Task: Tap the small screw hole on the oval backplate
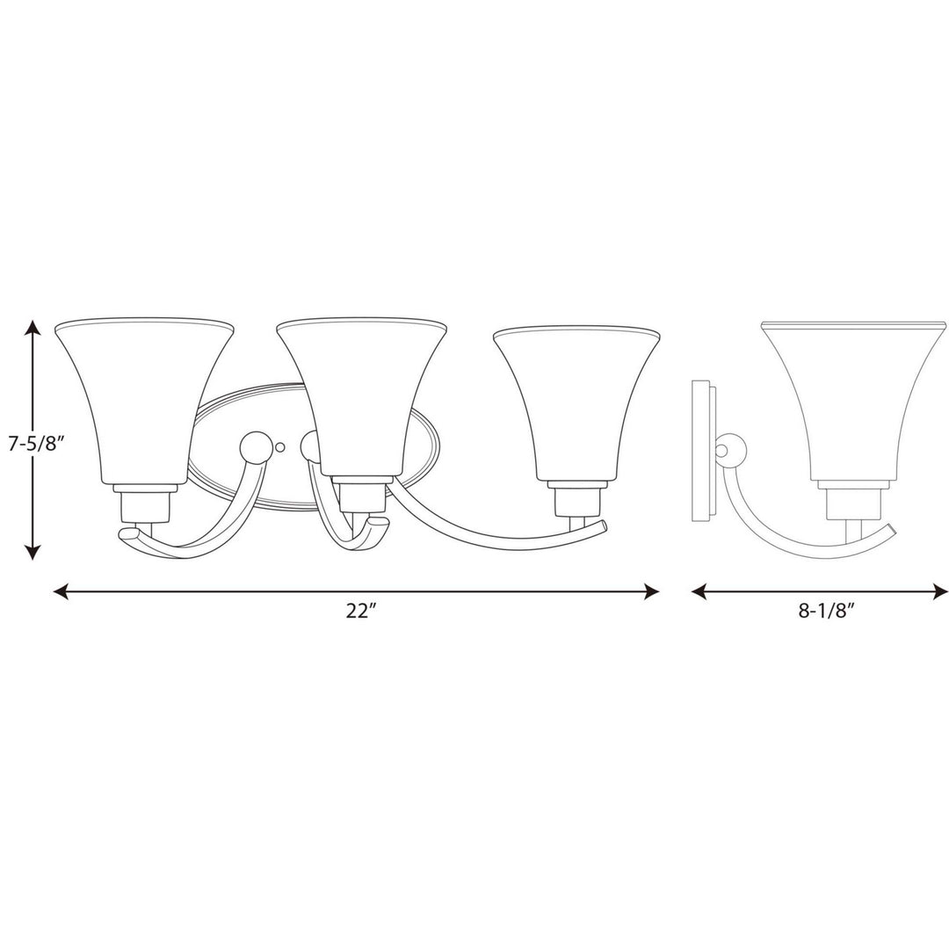(280, 447)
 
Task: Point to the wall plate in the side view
(703, 452)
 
